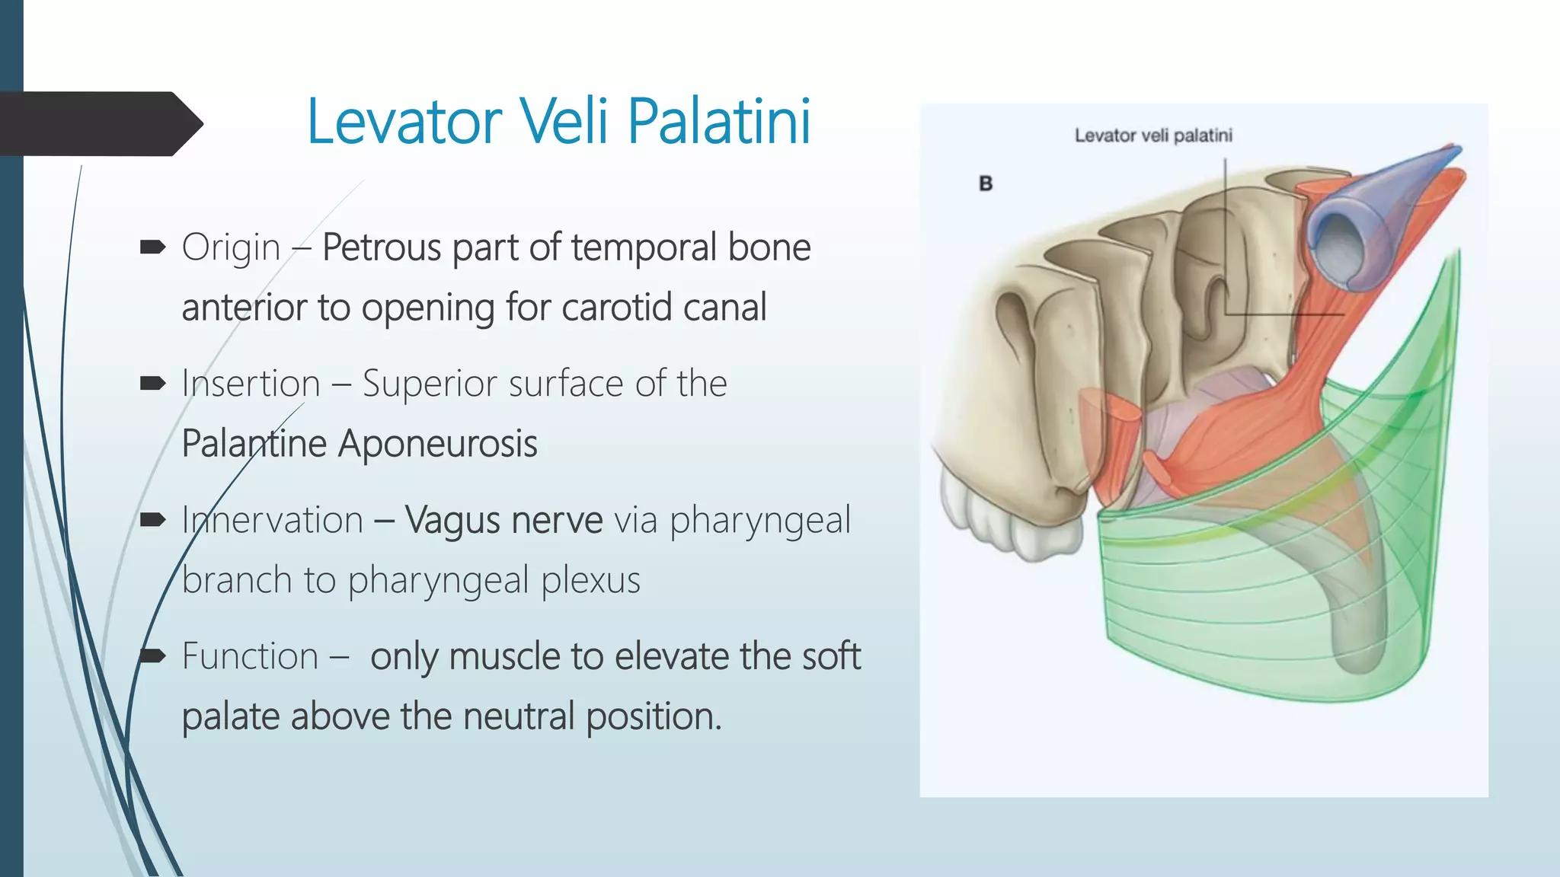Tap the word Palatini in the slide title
[719, 122]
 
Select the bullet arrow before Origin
[152, 247]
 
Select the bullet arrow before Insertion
[152, 383]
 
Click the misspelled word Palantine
[254, 444]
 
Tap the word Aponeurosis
[437, 445]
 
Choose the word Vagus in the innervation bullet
[452, 521]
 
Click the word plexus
[590, 581]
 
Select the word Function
[250, 657]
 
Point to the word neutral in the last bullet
[518, 717]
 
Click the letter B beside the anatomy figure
[986, 183]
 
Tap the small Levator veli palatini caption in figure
[1152, 136]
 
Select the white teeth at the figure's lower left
[1005, 518]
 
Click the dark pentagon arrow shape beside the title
[99, 124]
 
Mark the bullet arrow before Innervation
[152, 520]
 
